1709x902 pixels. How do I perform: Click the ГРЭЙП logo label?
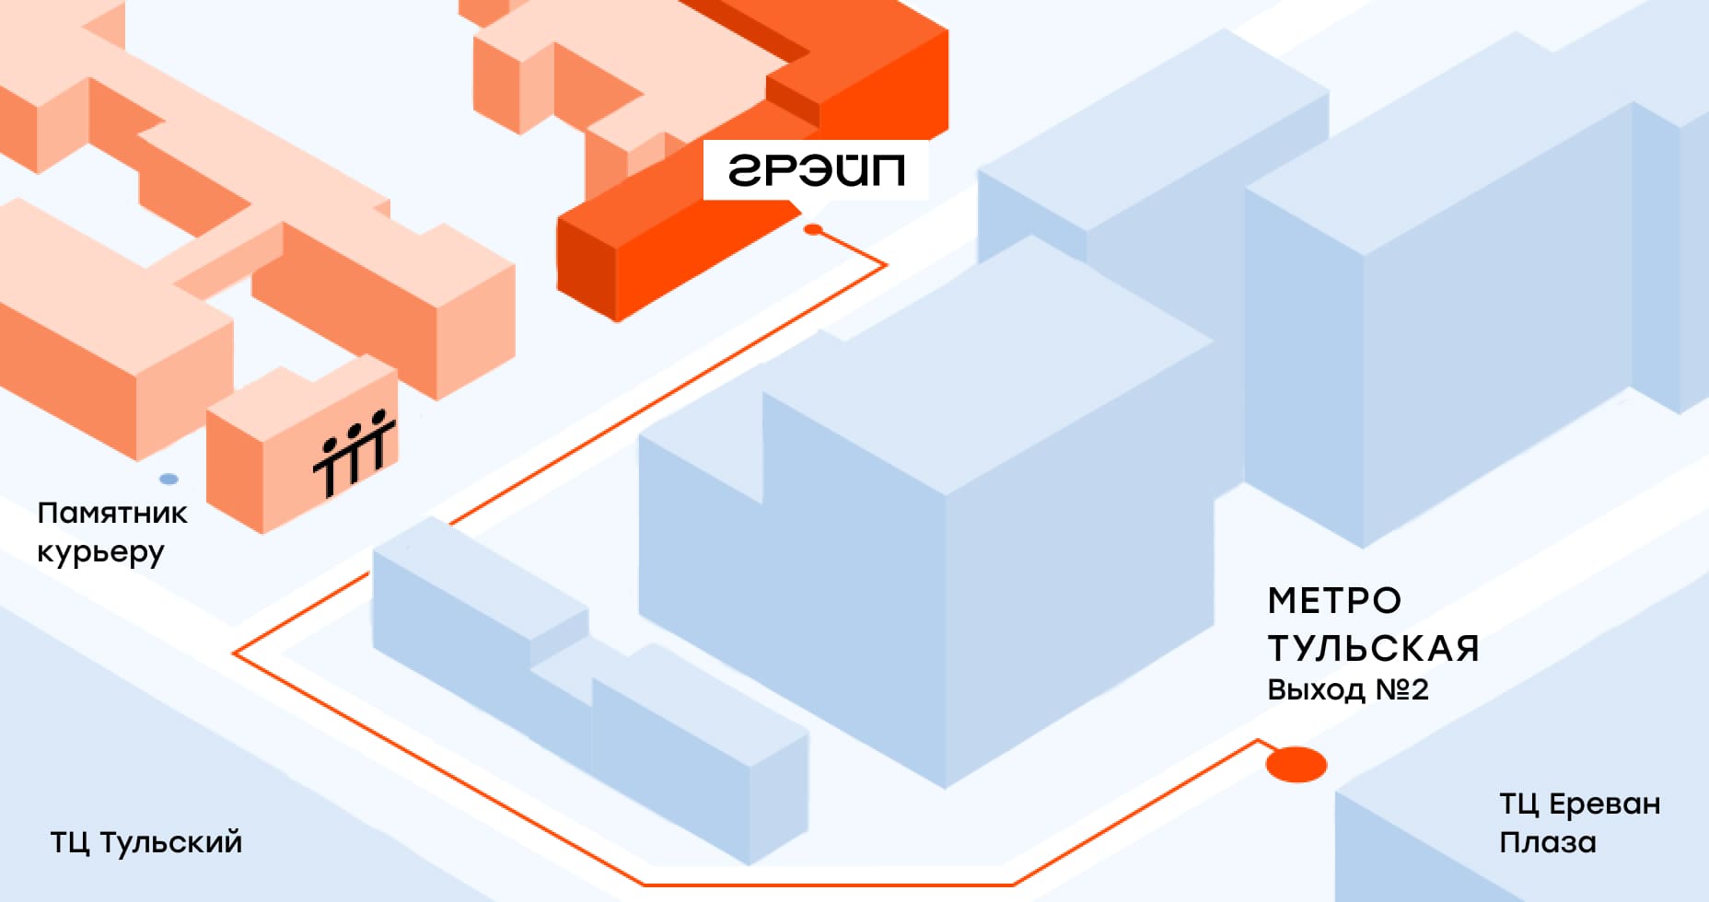pyautogui.click(x=816, y=170)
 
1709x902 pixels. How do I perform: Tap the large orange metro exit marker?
pyautogui.click(x=1296, y=765)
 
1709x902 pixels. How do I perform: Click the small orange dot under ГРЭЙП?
pyautogui.click(x=812, y=229)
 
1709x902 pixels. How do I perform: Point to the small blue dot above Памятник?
pyautogui.click(x=169, y=479)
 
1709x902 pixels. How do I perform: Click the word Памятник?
pyautogui.click(x=111, y=513)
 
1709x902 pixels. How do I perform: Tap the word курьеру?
pyautogui.click(x=100, y=552)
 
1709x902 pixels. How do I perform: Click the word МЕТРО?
pyautogui.click(x=1334, y=601)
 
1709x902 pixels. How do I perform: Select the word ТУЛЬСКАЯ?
pyautogui.click(x=1373, y=649)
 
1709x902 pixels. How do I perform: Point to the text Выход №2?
pyautogui.click(x=1347, y=689)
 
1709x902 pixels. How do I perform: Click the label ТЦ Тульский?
pyautogui.click(x=145, y=842)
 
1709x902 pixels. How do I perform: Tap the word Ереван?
pyautogui.click(x=1604, y=804)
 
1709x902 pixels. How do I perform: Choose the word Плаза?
pyautogui.click(x=1547, y=842)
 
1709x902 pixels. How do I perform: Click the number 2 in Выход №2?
pyautogui.click(x=1419, y=689)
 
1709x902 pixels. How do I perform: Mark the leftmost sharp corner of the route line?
pyautogui.click(x=235, y=653)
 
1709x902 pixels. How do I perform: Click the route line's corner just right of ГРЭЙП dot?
pyautogui.click(x=885, y=265)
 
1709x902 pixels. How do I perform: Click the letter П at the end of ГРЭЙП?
pyautogui.click(x=889, y=170)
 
